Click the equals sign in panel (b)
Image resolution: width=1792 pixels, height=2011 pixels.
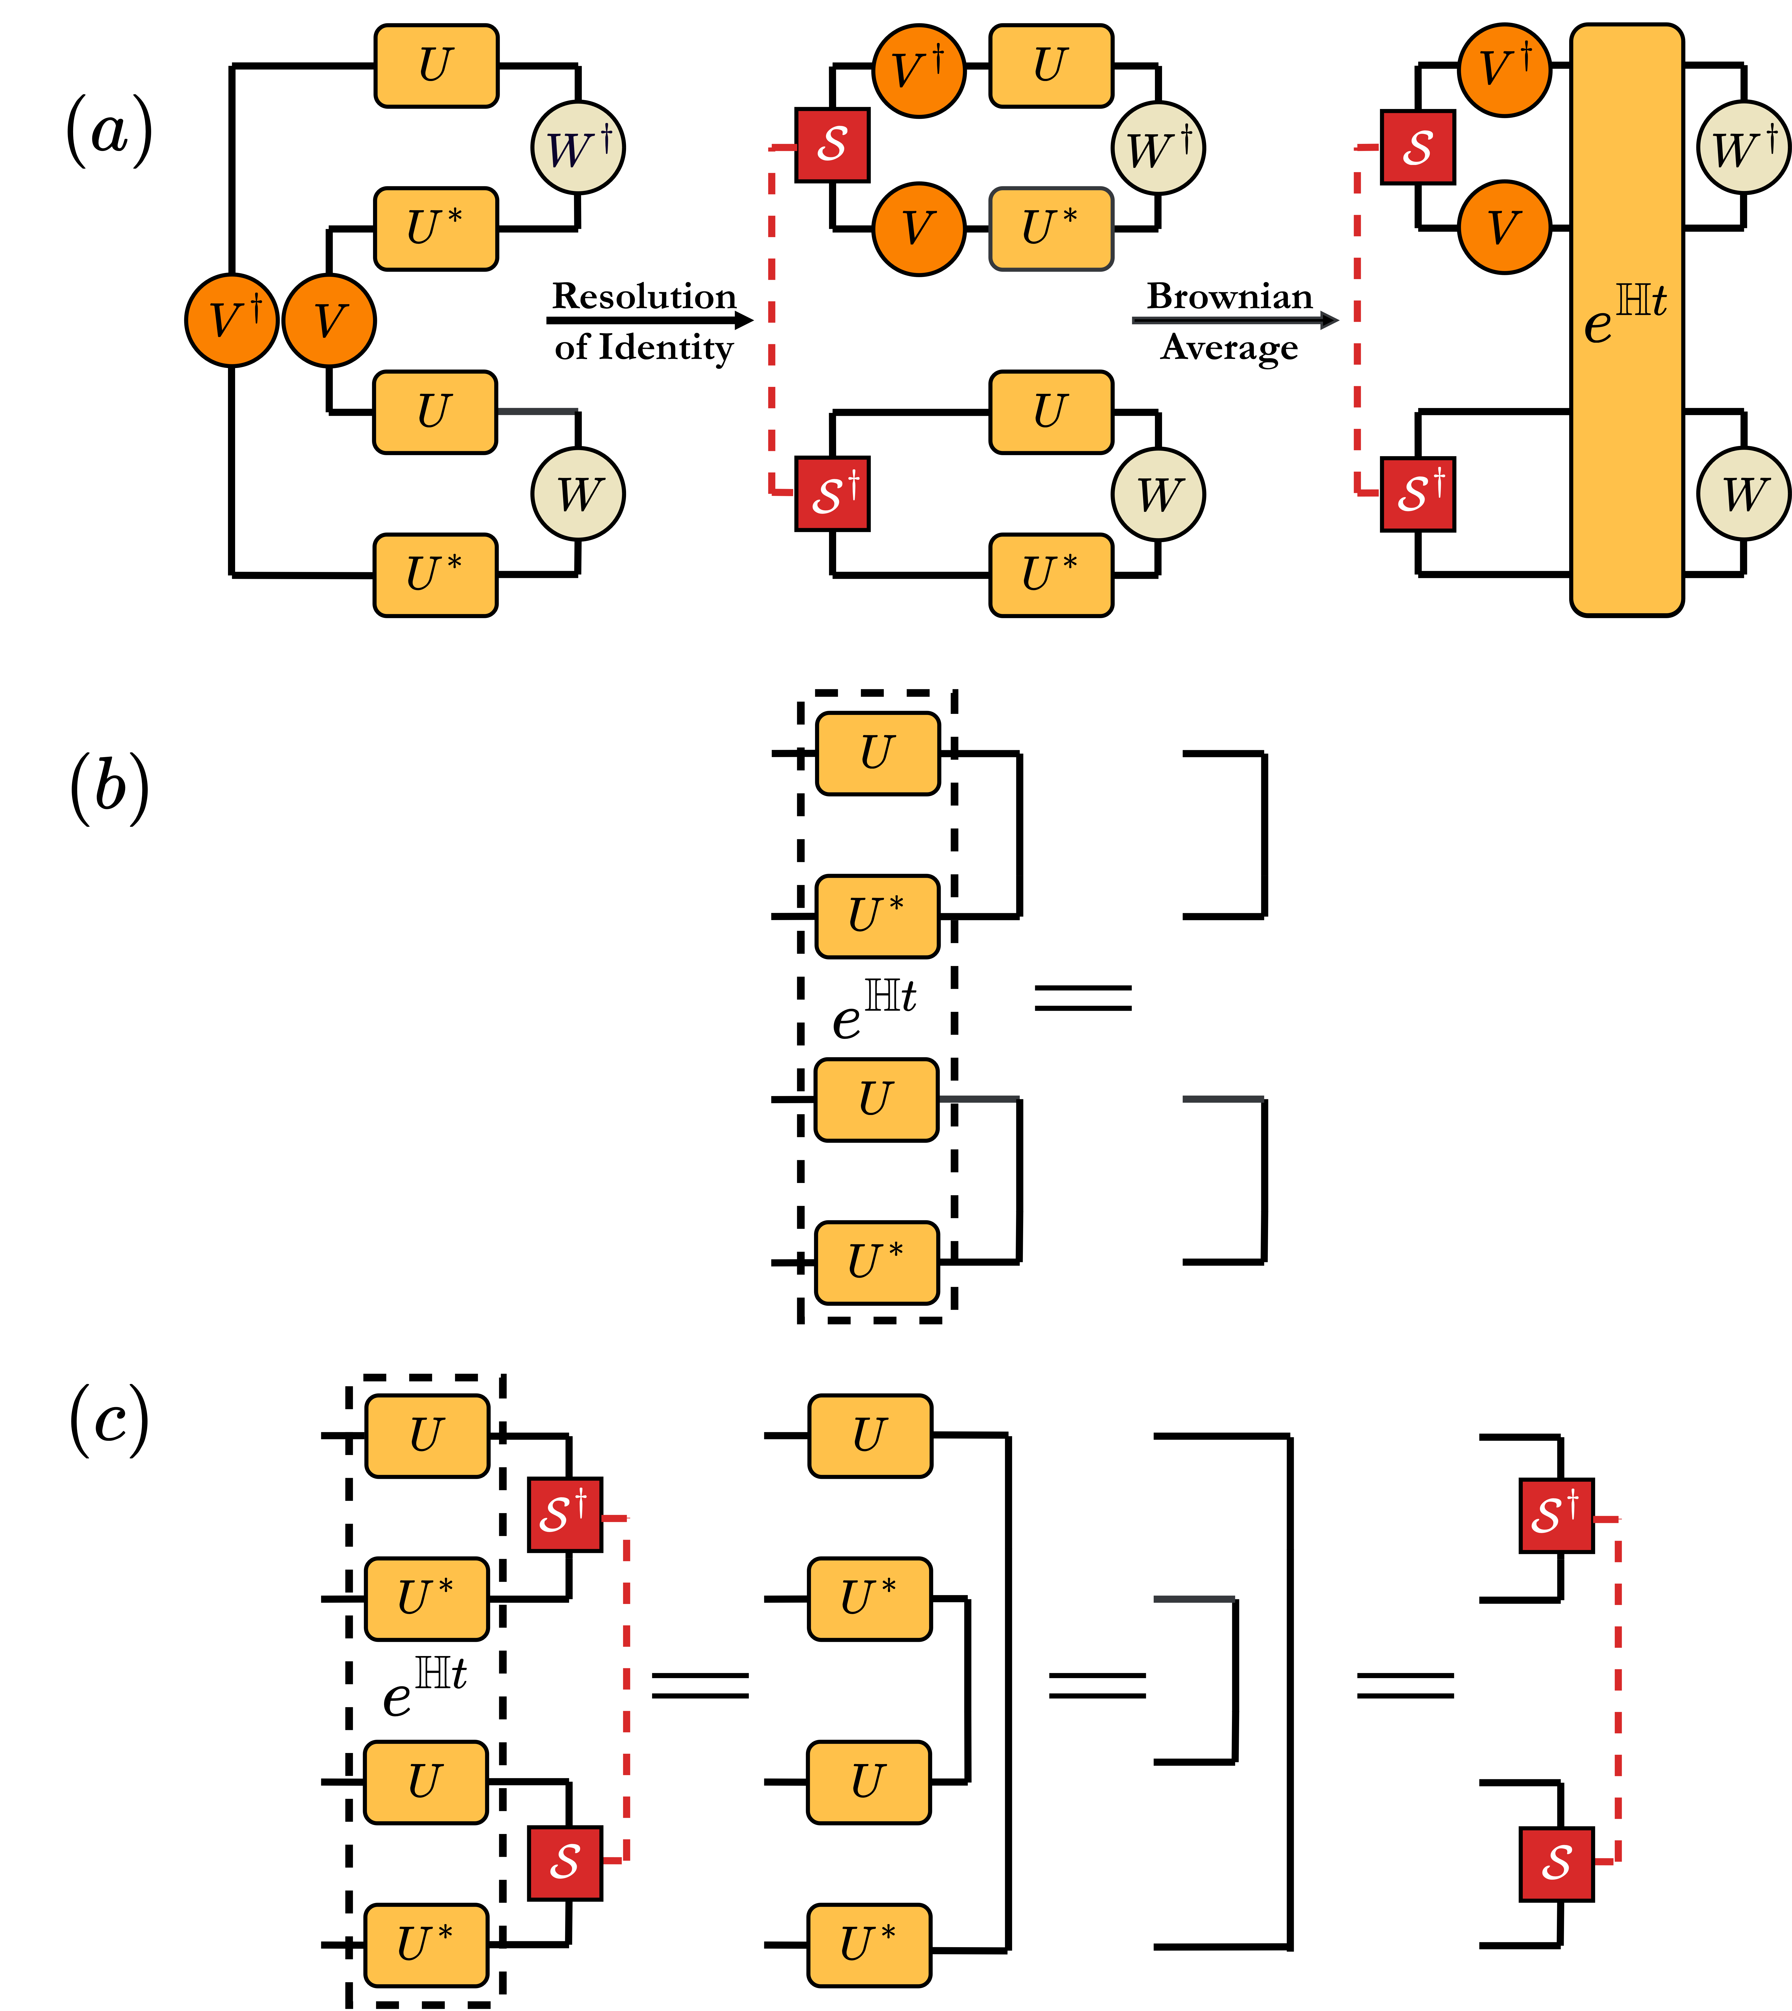[x=1083, y=998]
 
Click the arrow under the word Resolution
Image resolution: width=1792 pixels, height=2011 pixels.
[x=650, y=320]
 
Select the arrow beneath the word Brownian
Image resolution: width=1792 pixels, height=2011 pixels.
[x=1235, y=320]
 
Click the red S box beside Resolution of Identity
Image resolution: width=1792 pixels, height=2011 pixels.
[x=832, y=145]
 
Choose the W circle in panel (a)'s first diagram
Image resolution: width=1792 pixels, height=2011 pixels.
[x=578, y=493]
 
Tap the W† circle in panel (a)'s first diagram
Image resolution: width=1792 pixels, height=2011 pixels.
[x=578, y=148]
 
